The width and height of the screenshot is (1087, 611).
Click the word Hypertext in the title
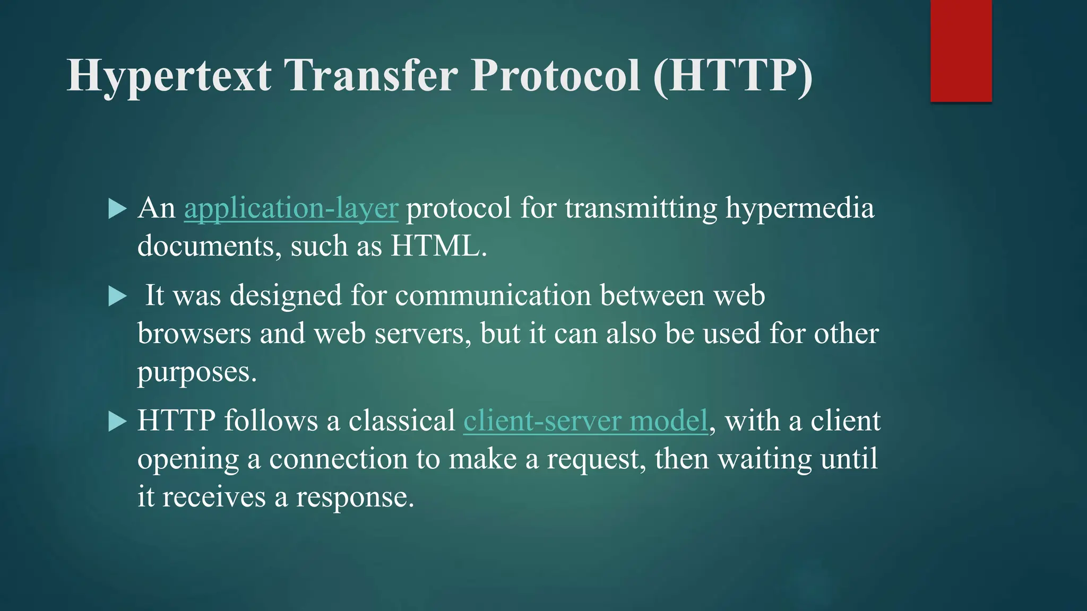click(x=169, y=76)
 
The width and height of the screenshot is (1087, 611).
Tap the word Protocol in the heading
click(x=555, y=76)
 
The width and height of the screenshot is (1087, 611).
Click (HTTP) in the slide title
click(x=733, y=76)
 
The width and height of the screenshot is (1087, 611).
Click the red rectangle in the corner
click(x=961, y=50)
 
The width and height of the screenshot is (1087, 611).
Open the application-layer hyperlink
click(x=291, y=208)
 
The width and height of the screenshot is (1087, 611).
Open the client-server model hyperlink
click(x=585, y=421)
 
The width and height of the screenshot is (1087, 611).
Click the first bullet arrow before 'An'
click(x=117, y=208)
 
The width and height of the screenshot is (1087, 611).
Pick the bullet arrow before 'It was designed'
click(x=117, y=296)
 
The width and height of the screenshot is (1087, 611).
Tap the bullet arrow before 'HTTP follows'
click(x=117, y=422)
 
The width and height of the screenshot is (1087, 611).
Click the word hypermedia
click(x=799, y=208)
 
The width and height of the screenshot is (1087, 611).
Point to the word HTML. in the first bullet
click(x=438, y=247)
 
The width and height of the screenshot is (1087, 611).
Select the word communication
click(x=493, y=295)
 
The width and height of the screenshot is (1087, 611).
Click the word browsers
click(x=194, y=334)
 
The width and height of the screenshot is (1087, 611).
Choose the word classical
click(x=402, y=421)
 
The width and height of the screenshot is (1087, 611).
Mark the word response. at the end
click(x=355, y=497)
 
